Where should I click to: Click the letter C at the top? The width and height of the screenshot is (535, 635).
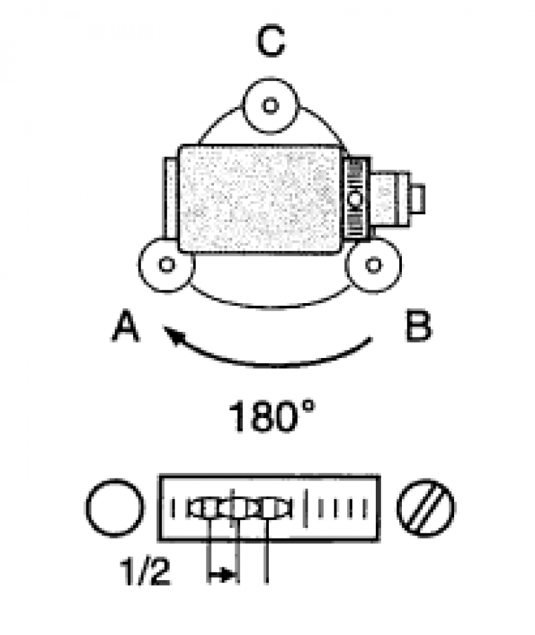271,41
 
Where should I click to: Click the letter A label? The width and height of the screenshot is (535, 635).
126,326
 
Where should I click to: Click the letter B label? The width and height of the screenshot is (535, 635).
418,326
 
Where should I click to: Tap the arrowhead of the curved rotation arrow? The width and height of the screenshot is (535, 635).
173,334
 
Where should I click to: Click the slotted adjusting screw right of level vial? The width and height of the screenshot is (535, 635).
426,509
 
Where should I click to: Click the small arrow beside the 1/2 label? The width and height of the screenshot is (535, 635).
222,574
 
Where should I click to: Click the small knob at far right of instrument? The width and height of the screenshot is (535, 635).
417,199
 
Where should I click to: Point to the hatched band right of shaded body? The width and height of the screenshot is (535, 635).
356,198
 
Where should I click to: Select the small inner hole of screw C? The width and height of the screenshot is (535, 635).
270,105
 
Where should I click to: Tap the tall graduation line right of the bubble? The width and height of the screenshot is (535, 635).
306,509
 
